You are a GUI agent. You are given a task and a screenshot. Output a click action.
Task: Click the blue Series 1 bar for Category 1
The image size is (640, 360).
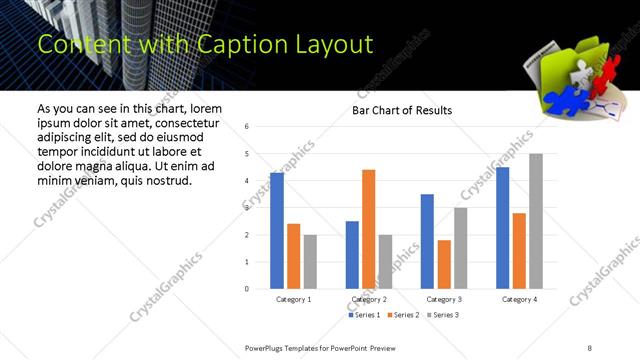(x=277, y=231)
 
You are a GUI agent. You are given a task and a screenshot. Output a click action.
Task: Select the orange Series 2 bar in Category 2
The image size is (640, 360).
(x=368, y=229)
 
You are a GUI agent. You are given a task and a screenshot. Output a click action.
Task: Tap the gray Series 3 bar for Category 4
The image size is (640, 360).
(x=536, y=221)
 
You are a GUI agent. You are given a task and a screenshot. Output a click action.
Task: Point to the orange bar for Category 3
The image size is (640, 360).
(x=444, y=264)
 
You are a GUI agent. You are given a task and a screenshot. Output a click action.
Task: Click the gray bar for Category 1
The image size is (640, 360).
(x=310, y=261)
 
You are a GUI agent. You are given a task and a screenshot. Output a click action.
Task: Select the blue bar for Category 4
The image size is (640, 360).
(x=503, y=228)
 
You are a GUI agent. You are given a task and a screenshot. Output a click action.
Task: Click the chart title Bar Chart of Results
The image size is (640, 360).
(x=402, y=110)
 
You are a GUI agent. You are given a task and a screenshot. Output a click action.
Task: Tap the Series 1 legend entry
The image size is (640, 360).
(x=365, y=316)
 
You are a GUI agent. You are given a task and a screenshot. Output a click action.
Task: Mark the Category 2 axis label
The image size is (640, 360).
(x=369, y=299)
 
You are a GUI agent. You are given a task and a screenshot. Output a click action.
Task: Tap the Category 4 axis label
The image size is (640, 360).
(x=519, y=299)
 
